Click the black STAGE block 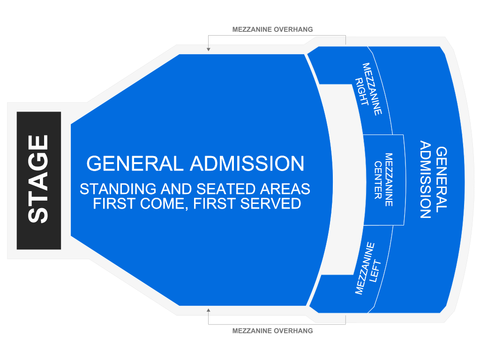coord(38,180)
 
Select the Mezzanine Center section coord(383,180)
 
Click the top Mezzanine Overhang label coord(272,30)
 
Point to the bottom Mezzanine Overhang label coord(272,331)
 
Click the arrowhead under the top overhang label coord(208,49)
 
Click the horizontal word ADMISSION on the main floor coord(247,164)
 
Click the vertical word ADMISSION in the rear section coord(426,180)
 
